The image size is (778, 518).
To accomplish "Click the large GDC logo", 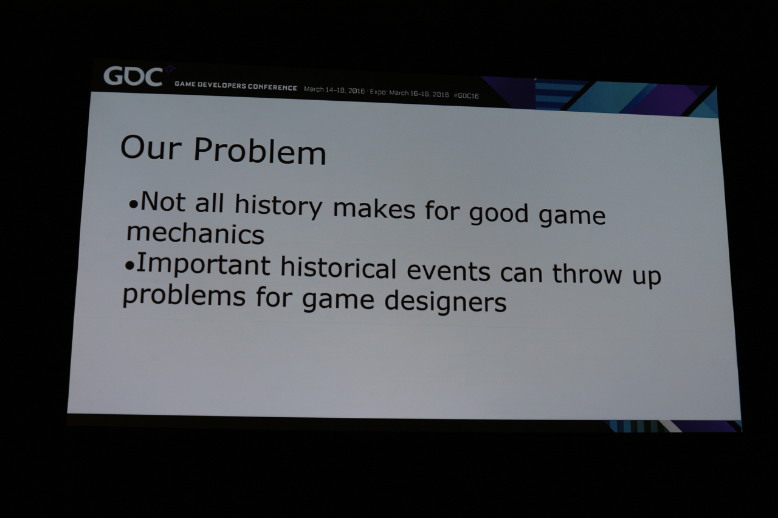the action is pos(133,77).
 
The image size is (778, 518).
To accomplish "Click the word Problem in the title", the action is pos(260,151).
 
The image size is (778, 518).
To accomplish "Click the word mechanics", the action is pos(195,233).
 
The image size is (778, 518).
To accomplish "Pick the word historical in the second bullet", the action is pos(338,267).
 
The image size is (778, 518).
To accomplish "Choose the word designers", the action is pos(446,301).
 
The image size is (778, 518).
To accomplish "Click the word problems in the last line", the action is pos(184,295).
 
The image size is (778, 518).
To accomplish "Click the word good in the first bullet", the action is pos(499,213).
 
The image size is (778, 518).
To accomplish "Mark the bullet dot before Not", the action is pos(133,205).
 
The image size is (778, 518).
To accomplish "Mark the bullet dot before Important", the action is pos(129,266).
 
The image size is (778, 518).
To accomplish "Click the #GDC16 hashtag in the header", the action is pos(466,96).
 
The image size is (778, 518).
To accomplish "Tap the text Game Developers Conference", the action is pos(236,86).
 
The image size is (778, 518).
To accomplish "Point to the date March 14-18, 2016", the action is pos(334,90).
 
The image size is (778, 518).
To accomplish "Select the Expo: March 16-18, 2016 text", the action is pos(409,94).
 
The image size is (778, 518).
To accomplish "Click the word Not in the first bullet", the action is pos(163,202).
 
